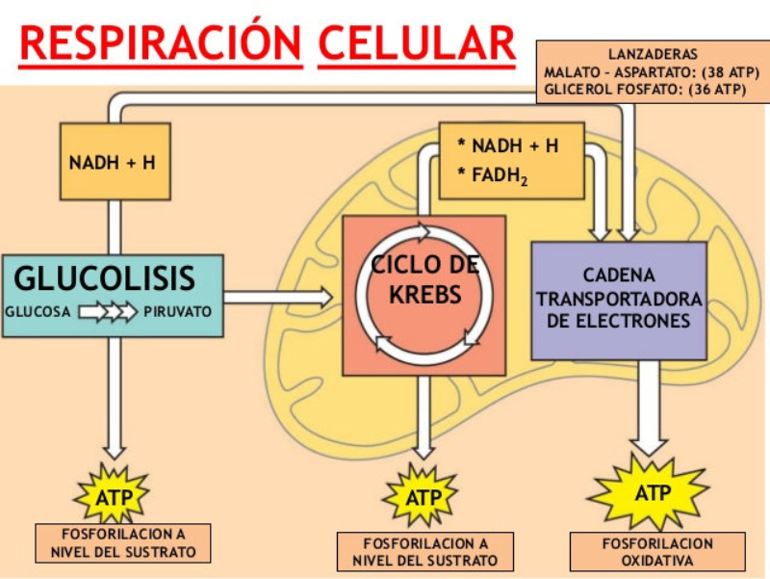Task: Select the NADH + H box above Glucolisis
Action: click(x=113, y=162)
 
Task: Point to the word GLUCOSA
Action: click(x=38, y=312)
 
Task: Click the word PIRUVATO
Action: click(x=178, y=312)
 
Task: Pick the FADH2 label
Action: click(x=500, y=175)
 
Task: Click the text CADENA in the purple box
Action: click(x=619, y=275)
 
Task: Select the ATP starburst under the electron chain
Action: click(x=650, y=492)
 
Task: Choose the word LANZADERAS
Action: click(x=653, y=54)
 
